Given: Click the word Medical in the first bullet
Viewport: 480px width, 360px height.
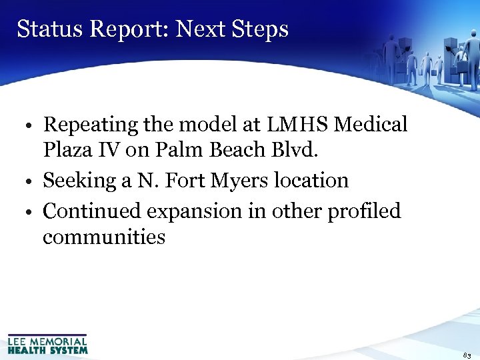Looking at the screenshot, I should click(371, 125).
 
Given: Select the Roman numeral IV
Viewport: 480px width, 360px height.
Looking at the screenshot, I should click(111, 151).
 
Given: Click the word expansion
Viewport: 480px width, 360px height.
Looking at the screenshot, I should click(195, 212).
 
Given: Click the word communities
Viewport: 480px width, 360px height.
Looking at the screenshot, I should click(104, 237).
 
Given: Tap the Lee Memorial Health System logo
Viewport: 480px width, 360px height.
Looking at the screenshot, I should click(47, 343).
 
